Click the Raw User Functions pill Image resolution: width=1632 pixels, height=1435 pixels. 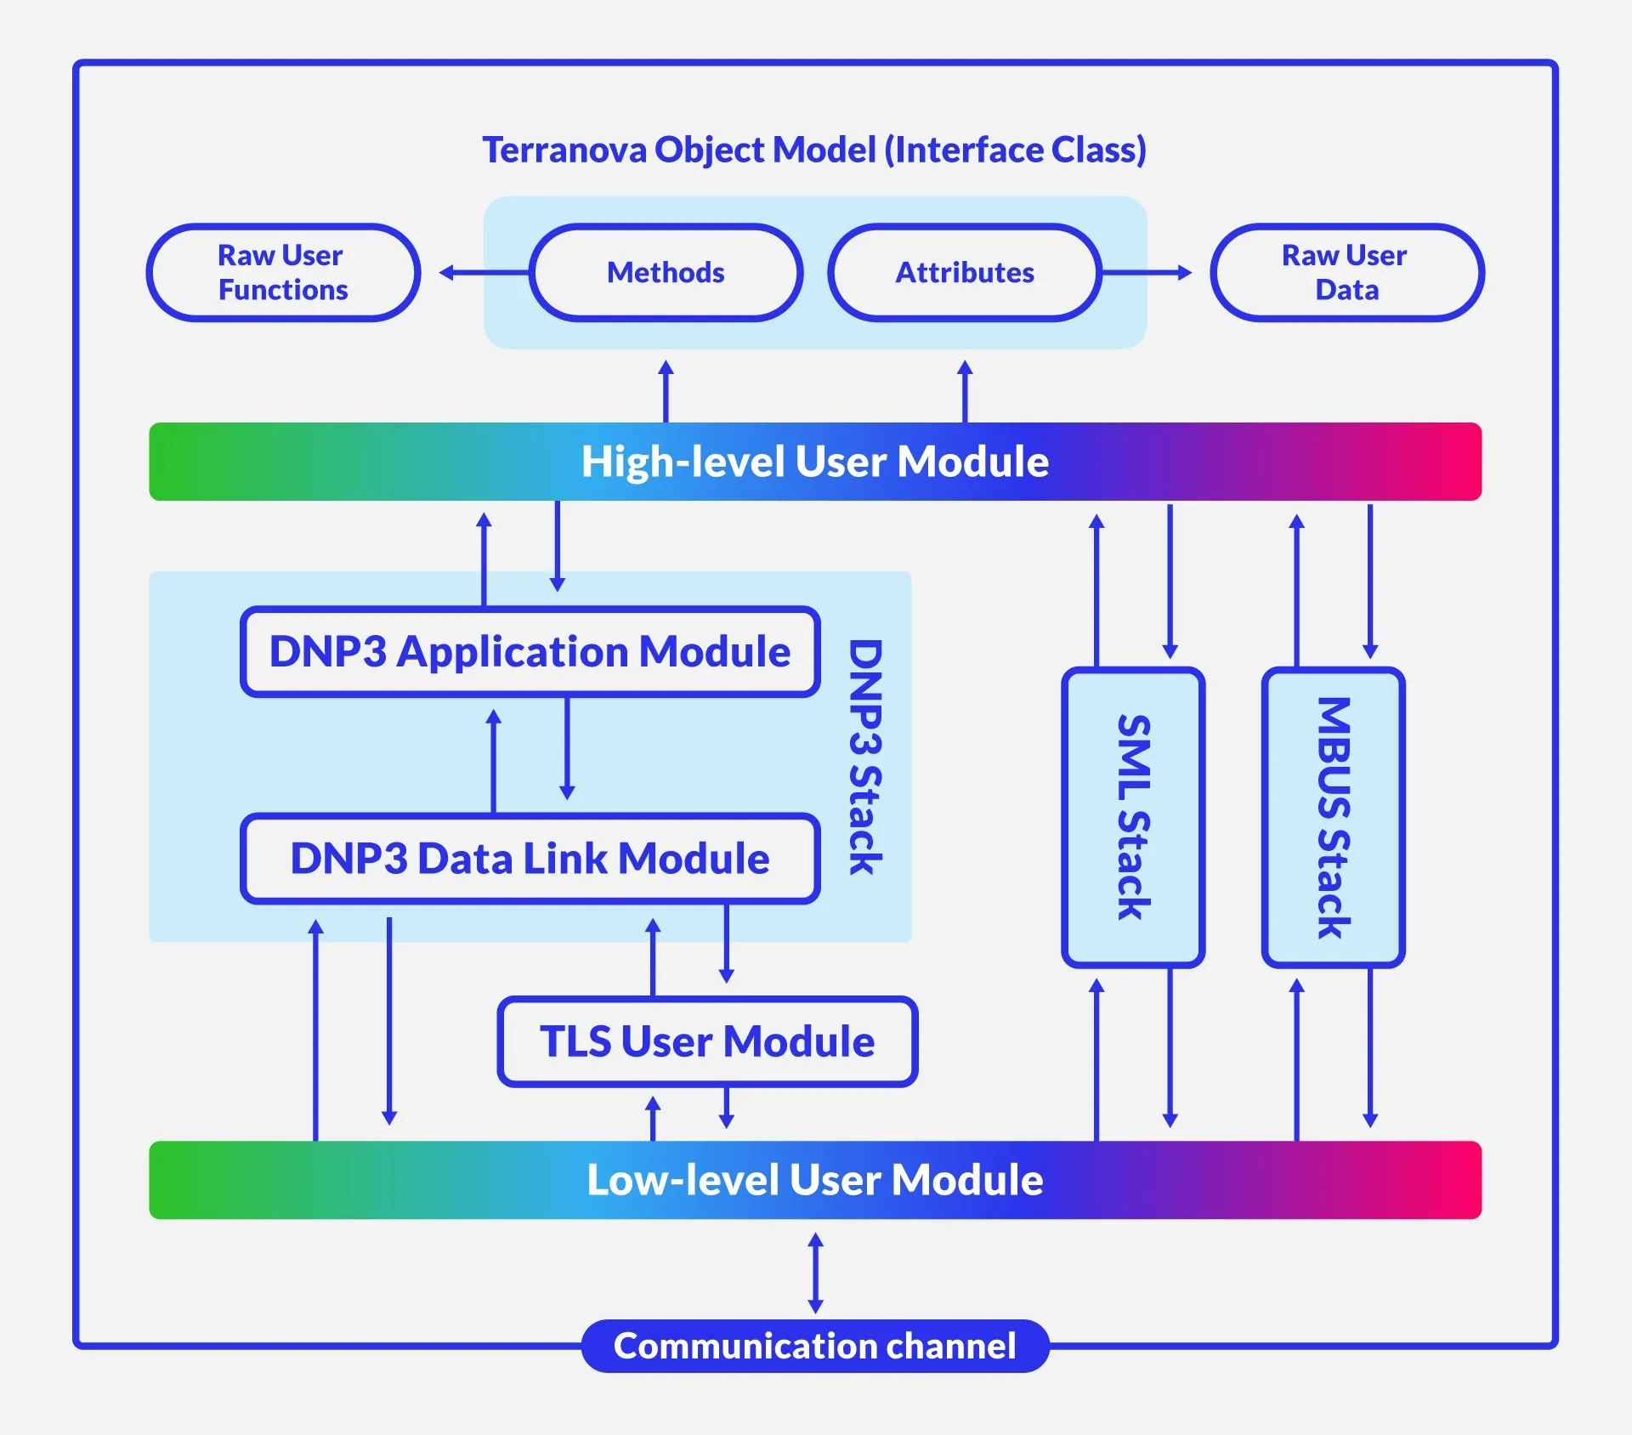click(283, 273)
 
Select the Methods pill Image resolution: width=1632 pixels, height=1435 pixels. click(666, 273)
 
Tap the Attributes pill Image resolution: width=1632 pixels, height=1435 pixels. click(965, 273)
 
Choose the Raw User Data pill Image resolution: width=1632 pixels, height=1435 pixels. click(1346, 273)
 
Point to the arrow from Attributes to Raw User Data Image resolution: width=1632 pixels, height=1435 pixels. click(1146, 273)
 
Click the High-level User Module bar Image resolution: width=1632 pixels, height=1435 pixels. click(814, 462)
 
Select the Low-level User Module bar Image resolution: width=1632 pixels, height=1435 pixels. click(814, 1180)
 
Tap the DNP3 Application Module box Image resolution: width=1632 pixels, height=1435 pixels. click(530, 652)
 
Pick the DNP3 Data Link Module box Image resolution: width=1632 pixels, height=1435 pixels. click(530, 859)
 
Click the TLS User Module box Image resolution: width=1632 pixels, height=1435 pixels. click(707, 1041)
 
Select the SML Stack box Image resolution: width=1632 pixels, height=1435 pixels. click(1133, 817)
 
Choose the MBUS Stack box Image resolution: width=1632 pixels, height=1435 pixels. click(1333, 817)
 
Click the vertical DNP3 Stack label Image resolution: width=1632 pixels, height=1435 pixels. click(866, 757)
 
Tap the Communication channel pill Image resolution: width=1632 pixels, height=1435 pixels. click(814, 1346)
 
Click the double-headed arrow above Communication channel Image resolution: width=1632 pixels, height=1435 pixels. click(815, 1273)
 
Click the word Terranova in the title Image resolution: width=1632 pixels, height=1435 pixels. click(564, 150)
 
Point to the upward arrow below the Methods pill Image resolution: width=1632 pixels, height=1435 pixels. click(666, 391)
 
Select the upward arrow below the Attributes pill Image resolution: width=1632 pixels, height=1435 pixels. click(965, 391)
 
